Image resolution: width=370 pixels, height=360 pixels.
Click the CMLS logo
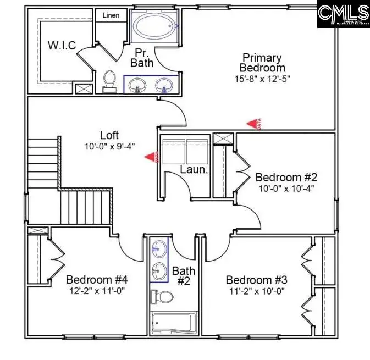pyautogui.click(x=344, y=14)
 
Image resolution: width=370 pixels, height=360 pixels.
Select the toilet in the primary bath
pyautogui.click(x=109, y=81)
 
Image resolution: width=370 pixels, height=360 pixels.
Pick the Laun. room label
pyautogui.click(x=194, y=170)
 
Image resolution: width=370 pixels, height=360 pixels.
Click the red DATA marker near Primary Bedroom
pyautogui.click(x=253, y=125)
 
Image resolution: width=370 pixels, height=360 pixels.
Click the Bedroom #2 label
pyautogui.click(x=286, y=178)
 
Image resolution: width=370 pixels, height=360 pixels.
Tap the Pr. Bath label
pyautogui.click(x=141, y=58)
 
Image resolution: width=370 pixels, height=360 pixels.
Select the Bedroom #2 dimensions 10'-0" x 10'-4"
pyautogui.click(x=286, y=189)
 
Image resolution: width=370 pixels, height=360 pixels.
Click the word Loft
pyautogui.click(x=109, y=135)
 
